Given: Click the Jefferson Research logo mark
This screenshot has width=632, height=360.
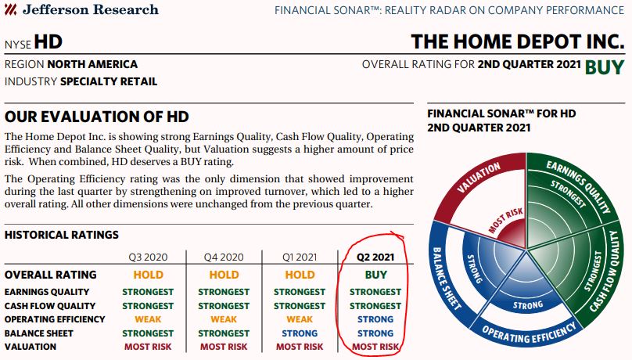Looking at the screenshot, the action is (10, 9).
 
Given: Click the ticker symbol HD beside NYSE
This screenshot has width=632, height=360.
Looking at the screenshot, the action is (48, 42).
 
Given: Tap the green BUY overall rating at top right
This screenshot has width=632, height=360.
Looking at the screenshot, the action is (604, 67).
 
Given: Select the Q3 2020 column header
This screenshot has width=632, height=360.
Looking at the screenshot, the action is (148, 257).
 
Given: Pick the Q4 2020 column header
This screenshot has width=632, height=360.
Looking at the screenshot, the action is (224, 257).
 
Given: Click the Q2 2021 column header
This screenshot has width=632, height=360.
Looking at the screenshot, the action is (375, 257).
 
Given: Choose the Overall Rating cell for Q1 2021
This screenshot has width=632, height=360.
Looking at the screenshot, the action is (300, 275).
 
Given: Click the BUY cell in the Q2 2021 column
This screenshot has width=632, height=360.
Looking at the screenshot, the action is (375, 275).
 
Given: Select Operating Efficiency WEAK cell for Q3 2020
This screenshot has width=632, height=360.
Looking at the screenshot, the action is (148, 319).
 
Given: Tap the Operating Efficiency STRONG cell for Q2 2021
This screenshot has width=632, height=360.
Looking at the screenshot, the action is (375, 319).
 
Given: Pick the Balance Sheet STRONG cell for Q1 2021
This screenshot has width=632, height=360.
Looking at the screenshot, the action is (300, 333).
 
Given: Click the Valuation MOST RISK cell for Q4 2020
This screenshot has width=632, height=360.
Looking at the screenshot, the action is (224, 347).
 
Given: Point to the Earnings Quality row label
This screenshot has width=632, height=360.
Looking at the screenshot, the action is (47, 292).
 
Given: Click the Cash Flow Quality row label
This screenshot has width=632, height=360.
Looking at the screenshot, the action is (50, 306).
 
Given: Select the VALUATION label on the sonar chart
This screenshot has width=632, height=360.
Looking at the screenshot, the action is (479, 178).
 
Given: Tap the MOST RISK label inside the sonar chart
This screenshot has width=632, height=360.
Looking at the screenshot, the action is (505, 220).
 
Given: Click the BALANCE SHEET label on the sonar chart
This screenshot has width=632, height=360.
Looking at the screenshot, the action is (447, 278).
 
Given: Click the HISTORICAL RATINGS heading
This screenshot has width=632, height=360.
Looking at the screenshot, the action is (62, 235).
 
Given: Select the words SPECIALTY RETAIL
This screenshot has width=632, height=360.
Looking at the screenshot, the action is (109, 81).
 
